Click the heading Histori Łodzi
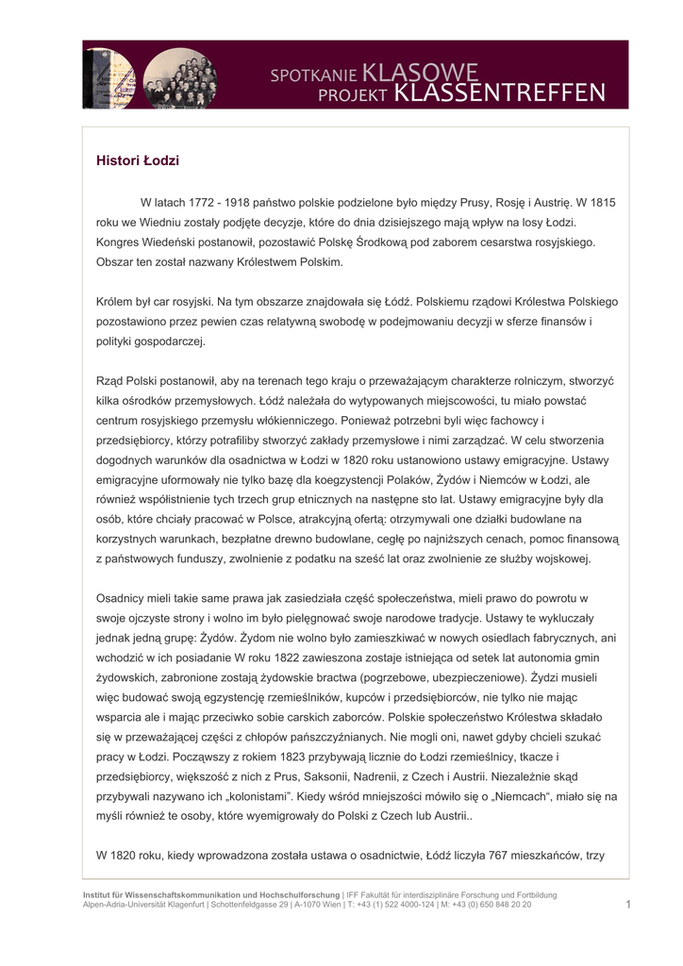click(x=138, y=161)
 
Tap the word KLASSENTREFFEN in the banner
click(x=499, y=93)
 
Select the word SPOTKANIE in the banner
click(x=314, y=74)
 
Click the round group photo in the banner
click(x=180, y=77)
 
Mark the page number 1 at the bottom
click(x=626, y=905)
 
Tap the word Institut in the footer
click(x=99, y=894)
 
